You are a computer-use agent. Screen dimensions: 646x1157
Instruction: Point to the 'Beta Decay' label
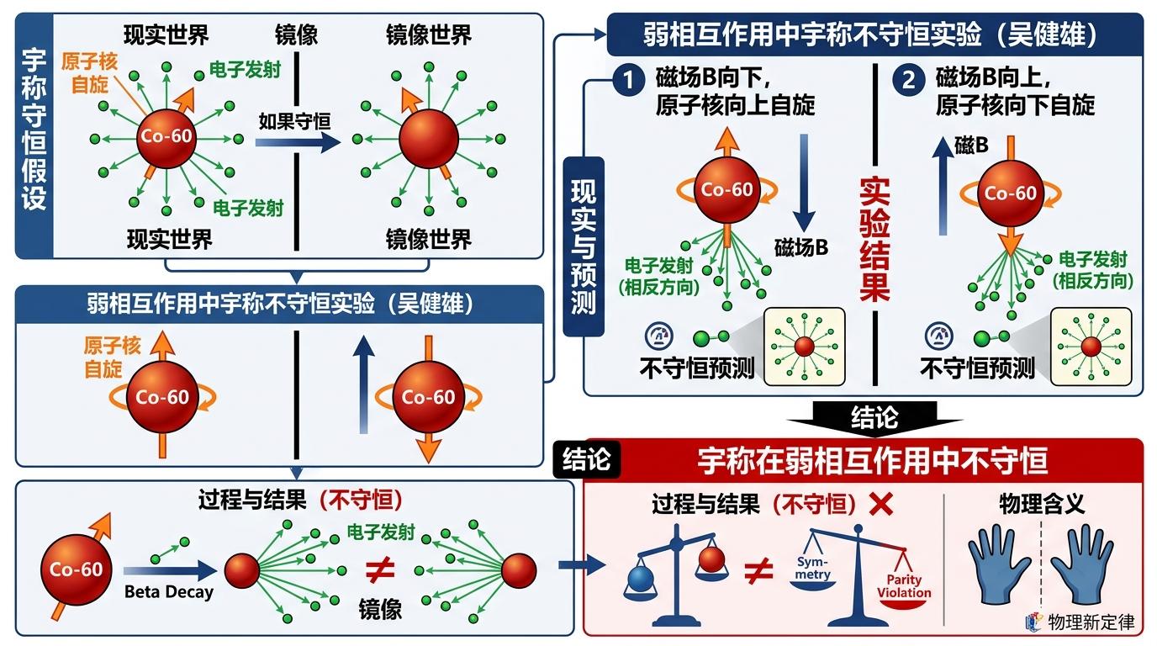pyautogui.click(x=168, y=591)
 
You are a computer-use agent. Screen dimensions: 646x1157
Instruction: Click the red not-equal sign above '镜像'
pyautogui.click(x=379, y=570)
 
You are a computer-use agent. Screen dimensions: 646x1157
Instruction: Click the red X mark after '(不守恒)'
pyautogui.click(x=880, y=505)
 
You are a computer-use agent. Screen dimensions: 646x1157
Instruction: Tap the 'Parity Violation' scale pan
pyautogui.click(x=904, y=584)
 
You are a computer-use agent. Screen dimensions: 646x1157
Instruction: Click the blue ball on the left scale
pyautogui.click(x=641, y=578)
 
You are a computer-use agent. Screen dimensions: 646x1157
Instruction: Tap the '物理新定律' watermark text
pyautogui.click(x=1091, y=622)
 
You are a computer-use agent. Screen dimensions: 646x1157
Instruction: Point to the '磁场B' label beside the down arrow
pyautogui.click(x=801, y=247)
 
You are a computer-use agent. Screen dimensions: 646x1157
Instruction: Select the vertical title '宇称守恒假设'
pyautogui.click(x=34, y=130)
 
